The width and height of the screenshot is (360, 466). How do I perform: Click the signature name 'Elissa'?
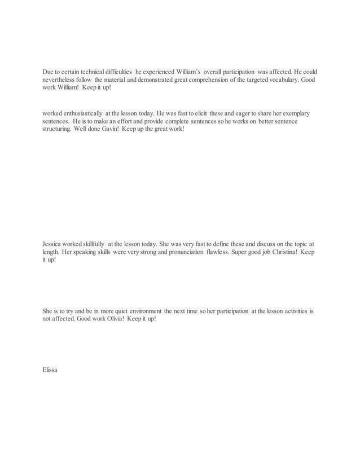tap(50, 370)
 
